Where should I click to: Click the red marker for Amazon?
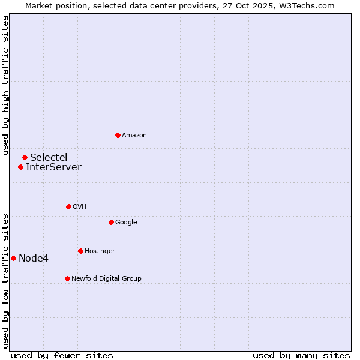118,135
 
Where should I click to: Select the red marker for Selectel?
25,157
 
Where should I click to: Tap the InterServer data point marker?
20,167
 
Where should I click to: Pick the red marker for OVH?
68,206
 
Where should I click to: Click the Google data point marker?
111,222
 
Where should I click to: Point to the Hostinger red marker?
80,251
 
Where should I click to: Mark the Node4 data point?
13,258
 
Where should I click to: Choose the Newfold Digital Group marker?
67,278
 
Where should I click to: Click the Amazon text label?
134,135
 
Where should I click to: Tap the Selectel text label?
49,157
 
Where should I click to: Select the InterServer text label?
53,167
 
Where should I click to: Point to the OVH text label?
80,206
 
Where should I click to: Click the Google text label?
126,222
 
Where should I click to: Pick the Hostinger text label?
100,251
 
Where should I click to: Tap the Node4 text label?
34,258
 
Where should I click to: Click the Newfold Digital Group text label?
106,278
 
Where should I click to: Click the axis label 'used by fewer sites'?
62,355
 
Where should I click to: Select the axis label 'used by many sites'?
301,355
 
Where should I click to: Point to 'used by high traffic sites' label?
5,85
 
